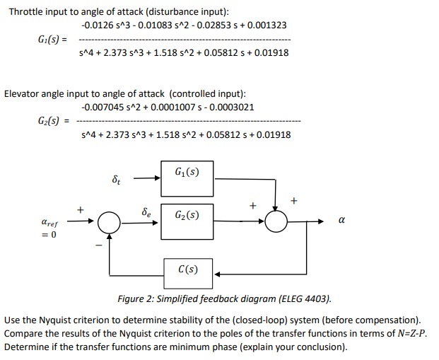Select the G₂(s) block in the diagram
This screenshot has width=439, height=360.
point(189,214)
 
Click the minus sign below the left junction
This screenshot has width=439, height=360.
point(99,246)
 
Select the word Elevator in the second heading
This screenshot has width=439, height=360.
point(21,93)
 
